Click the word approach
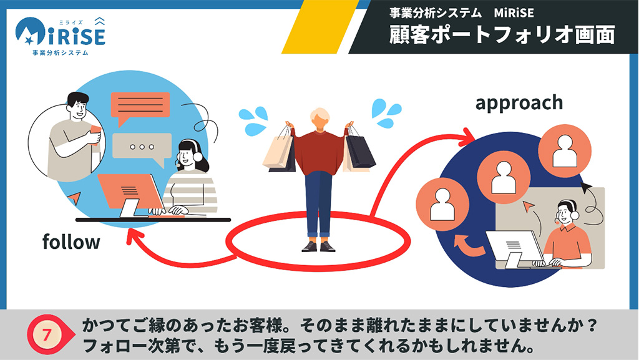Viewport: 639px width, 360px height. (519, 102)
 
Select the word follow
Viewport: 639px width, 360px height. (71, 241)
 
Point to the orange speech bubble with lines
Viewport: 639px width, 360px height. (140, 106)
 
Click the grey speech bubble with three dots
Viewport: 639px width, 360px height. (142, 147)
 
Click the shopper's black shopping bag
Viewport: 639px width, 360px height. (360, 150)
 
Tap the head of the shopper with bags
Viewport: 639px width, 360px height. (320, 119)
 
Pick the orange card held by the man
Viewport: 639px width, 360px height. (95, 129)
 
